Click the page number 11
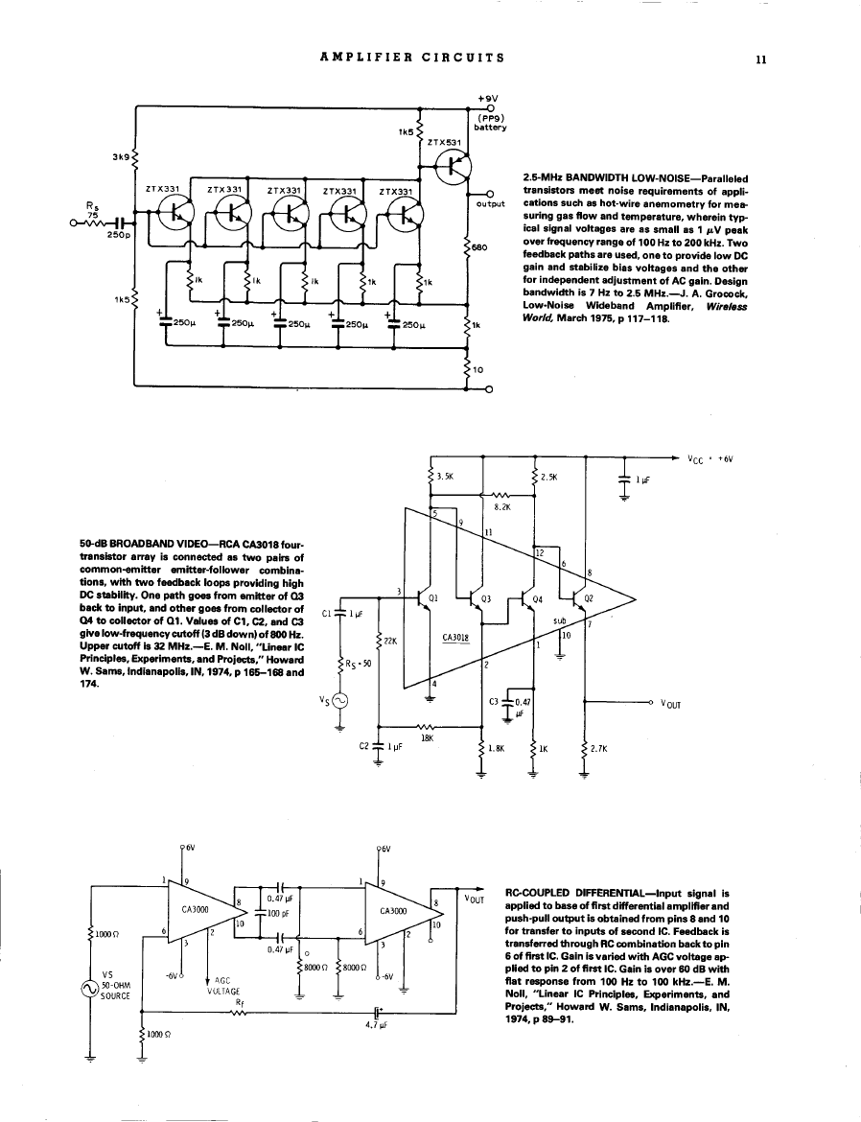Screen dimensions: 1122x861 tap(760, 58)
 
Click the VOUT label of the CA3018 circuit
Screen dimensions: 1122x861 tap(669, 704)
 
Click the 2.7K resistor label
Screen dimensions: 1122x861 tap(602, 748)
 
